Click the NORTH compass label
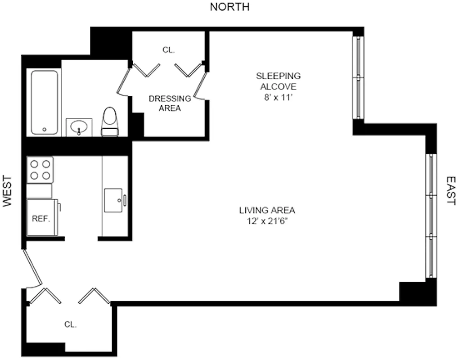pos(229,7)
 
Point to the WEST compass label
pos(7,191)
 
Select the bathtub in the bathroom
pos(45,102)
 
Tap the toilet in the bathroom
pos(110,122)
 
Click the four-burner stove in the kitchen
pos(40,170)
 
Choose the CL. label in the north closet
pos(168,50)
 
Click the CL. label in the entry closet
pos(70,324)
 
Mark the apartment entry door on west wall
pos(32,268)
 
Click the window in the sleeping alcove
pos(358,78)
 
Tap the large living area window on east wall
pos(431,216)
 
